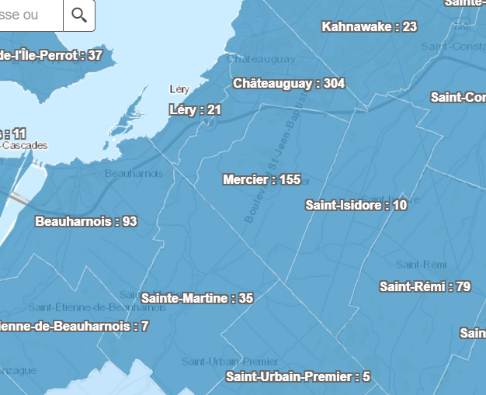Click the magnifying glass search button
tap(78, 15)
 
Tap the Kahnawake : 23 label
tap(369, 26)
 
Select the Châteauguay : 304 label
tap(289, 83)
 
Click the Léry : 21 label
tap(195, 110)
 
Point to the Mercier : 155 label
tap(261, 179)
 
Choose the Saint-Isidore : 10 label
tap(356, 206)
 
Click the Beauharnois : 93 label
tap(86, 221)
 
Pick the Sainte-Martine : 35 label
tap(197, 298)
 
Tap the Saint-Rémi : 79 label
tap(425, 286)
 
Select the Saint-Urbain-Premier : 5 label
tap(297, 377)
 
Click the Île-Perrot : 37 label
tap(51, 55)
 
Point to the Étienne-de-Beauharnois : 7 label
tap(74, 326)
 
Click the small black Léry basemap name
tap(179, 89)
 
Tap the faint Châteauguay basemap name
tap(261, 58)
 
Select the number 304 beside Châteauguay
tap(335, 83)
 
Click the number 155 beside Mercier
tap(290, 179)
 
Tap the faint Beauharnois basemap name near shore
tap(134, 173)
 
